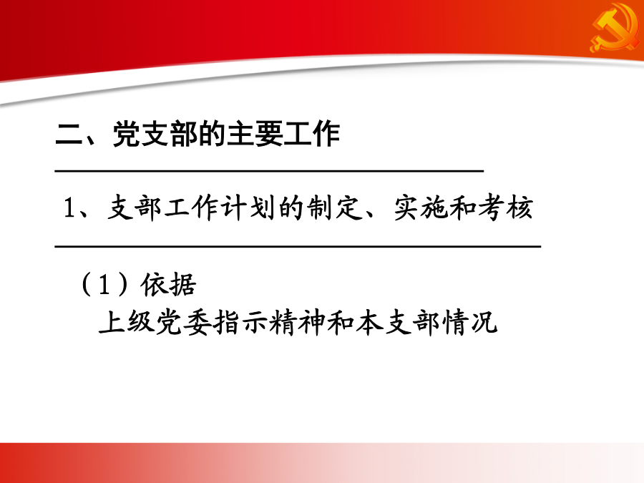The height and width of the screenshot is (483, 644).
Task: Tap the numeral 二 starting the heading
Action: pyautogui.click(x=69, y=134)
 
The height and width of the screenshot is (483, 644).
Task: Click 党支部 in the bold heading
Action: pyautogui.click(x=155, y=134)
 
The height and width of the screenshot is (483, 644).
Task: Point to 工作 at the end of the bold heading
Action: pyautogui.click(x=312, y=134)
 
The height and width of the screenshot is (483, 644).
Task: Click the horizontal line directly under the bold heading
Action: pyautogui.click(x=269, y=170)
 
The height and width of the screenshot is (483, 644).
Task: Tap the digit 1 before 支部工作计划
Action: pyautogui.click(x=69, y=208)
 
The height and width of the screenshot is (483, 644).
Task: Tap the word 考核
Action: pyautogui.click(x=506, y=208)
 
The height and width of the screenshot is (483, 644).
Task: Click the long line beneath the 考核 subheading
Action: pyautogui.click(x=298, y=246)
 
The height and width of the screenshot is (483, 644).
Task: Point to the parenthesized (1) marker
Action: pyautogui.click(x=104, y=284)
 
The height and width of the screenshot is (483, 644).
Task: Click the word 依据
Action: pyautogui.click(x=168, y=284)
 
